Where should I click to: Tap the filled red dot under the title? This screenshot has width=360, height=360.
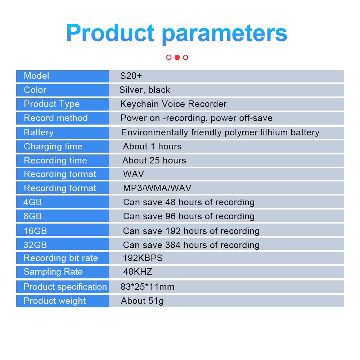177,57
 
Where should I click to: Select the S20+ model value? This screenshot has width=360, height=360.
131,76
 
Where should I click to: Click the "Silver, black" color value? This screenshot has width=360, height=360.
145,90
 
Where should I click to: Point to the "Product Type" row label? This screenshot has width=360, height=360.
51,104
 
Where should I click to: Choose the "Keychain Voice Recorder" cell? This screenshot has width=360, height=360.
174,104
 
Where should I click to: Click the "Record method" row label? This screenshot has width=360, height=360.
55,118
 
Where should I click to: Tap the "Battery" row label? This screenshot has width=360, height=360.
39,132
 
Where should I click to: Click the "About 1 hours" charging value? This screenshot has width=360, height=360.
152,147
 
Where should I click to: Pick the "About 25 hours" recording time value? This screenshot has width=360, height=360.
154,161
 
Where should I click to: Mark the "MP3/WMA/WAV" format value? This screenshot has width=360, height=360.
157,188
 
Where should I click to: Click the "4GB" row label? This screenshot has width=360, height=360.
32,202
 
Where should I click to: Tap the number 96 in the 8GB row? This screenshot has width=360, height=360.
171,216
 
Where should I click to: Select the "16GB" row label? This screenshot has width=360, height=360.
35,231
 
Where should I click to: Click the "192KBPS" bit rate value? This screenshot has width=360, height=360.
143,258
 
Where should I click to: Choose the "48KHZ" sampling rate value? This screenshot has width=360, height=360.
138,272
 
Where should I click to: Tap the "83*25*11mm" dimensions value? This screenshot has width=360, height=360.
148,287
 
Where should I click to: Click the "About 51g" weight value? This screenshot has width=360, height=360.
142,301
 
